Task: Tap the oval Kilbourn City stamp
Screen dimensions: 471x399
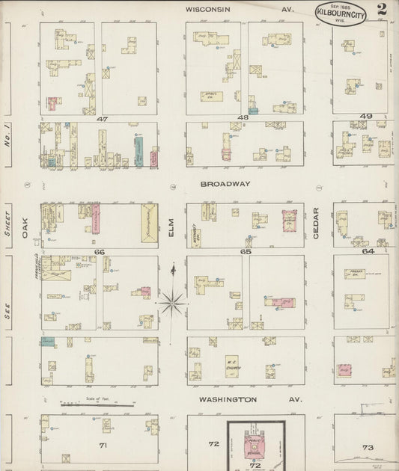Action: point(341,13)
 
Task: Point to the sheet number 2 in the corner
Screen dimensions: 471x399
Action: point(382,10)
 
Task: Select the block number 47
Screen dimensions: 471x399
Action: point(102,118)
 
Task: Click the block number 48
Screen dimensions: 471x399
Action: point(243,118)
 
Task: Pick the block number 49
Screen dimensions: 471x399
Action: point(365,117)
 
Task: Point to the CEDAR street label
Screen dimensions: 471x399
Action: point(316,223)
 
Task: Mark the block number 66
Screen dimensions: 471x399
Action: point(100,252)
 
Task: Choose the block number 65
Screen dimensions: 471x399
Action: point(245,252)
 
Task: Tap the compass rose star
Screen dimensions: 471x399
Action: point(172,302)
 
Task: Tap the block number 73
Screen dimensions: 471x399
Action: point(367,447)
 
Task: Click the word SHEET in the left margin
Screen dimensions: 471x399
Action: point(9,222)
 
